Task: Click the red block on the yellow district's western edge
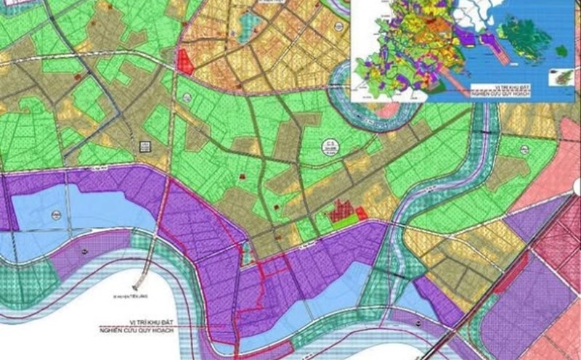pos(184,61)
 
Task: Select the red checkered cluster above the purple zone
pos(341,212)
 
